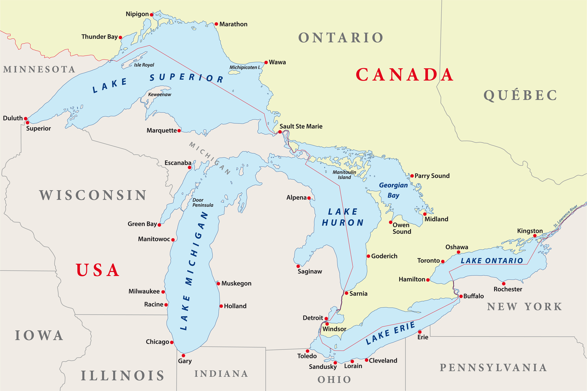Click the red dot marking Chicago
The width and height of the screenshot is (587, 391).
click(172, 342)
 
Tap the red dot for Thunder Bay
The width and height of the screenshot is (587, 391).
click(120, 38)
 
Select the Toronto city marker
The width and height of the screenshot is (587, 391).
click(443, 261)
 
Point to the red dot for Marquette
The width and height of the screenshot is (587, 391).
click(179, 130)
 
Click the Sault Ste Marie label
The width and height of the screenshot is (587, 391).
click(301, 126)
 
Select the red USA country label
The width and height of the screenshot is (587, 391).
click(98, 270)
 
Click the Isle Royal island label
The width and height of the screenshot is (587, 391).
click(144, 65)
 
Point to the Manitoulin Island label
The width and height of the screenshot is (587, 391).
click(344, 175)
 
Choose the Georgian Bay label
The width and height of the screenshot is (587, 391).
click(393, 190)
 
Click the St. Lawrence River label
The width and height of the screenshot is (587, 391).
click(566, 216)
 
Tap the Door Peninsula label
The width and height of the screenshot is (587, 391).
click(203, 203)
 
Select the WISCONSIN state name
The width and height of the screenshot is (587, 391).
click(93, 195)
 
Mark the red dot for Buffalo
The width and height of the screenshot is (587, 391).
click(461, 296)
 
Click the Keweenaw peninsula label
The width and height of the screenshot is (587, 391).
click(159, 95)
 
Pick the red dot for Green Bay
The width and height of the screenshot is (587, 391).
click(159, 225)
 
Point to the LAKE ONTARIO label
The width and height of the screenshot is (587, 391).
click(492, 261)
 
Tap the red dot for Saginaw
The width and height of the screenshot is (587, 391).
click(298, 266)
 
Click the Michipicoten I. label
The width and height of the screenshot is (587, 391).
click(245, 67)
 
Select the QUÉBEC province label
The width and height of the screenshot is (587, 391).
click(520, 96)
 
